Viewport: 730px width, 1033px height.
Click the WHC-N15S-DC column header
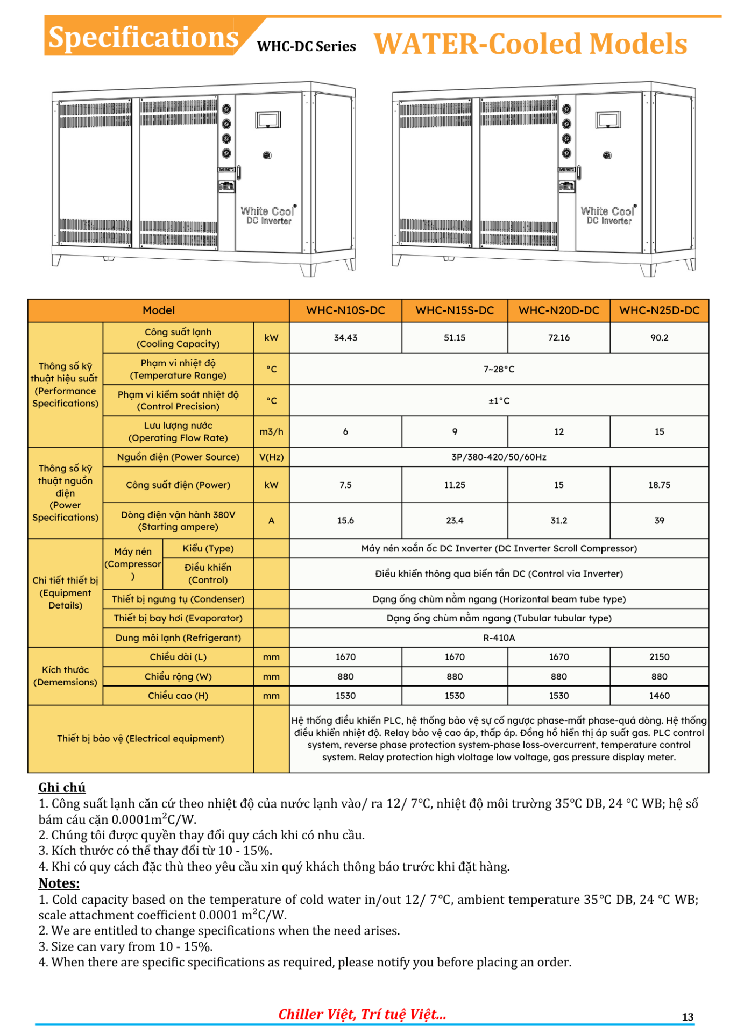pyautogui.click(x=455, y=310)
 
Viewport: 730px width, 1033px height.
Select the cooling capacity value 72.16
pyautogui.click(x=558, y=338)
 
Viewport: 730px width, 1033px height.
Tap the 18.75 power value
pyautogui.click(x=659, y=485)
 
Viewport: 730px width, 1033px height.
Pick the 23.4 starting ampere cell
pyautogui.click(x=455, y=520)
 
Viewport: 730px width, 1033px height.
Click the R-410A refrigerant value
pyautogui.click(x=499, y=638)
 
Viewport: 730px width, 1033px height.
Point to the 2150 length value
pyautogui.click(x=659, y=657)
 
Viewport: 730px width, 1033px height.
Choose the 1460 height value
pyautogui.click(x=659, y=696)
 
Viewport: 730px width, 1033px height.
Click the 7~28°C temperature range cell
pyautogui.click(x=499, y=369)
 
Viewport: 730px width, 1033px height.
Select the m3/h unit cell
pyautogui.click(x=271, y=431)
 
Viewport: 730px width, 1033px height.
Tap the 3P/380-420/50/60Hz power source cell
pyautogui.click(x=499, y=457)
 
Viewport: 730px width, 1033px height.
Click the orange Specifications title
pyautogui.click(x=143, y=37)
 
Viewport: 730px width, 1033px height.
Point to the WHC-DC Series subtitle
pyautogui.click(x=306, y=47)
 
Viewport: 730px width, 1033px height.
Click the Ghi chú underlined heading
pyautogui.click(x=62, y=787)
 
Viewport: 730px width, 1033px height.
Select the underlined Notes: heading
pyautogui.click(x=59, y=883)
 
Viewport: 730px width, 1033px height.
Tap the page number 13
pyautogui.click(x=688, y=1016)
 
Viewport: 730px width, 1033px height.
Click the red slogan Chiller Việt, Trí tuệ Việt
pyautogui.click(x=362, y=1014)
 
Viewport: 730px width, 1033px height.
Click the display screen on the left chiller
pyautogui.click(x=268, y=119)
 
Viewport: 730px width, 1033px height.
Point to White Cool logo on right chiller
pyautogui.click(x=608, y=211)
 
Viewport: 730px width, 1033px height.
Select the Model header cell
pyautogui.click(x=159, y=310)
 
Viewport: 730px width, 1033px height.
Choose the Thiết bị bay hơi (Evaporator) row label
pyautogui.click(x=178, y=618)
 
